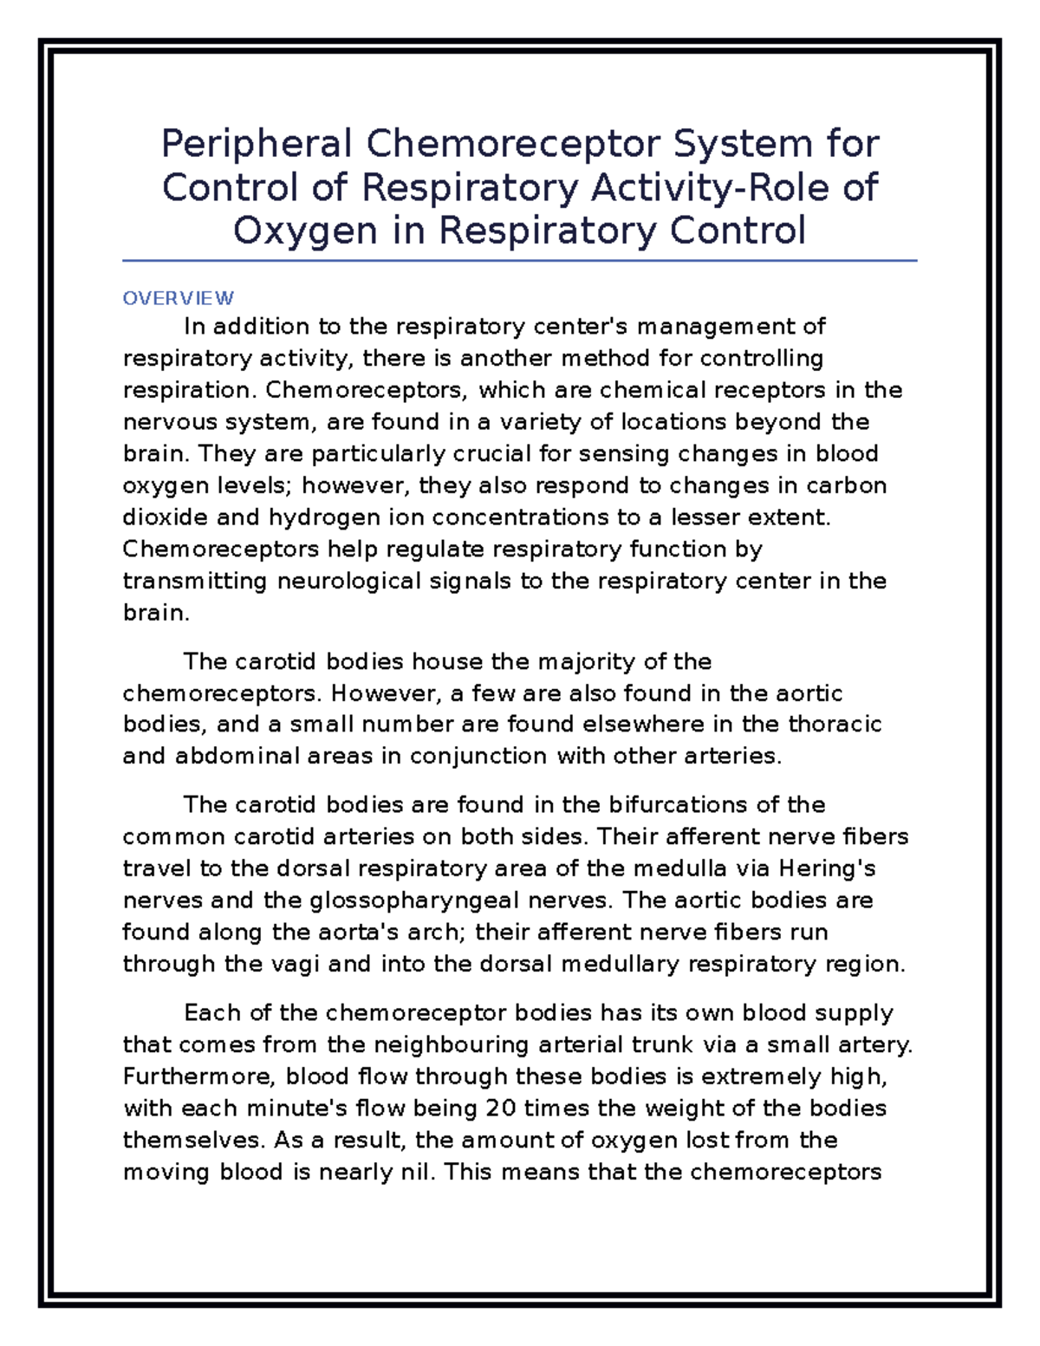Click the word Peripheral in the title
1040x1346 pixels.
(x=256, y=145)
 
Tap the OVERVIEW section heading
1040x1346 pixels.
(x=178, y=298)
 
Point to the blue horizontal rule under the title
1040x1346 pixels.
(x=520, y=260)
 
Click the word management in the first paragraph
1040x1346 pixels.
(x=716, y=327)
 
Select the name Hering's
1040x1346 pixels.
(x=828, y=868)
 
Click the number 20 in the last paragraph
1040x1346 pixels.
(x=501, y=1109)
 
